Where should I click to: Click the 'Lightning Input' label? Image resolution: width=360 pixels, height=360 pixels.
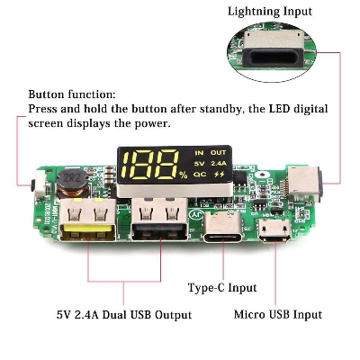point(270,12)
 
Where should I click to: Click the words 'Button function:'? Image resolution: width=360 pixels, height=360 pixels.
point(71,94)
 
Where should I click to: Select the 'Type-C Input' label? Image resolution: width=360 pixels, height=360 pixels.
point(221,288)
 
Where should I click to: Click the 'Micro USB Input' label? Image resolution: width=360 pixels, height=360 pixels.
point(278,314)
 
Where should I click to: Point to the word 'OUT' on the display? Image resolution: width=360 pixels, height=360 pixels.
point(219,152)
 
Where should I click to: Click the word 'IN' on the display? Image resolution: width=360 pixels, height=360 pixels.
point(199,152)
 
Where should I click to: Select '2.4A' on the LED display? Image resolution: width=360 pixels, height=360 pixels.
point(218,164)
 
